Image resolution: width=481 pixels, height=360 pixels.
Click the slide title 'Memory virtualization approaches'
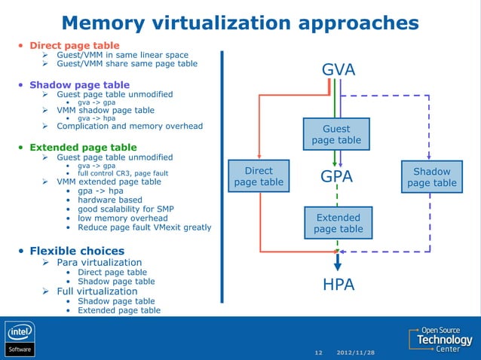click(240, 22)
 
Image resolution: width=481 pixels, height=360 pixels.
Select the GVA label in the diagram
click(338, 70)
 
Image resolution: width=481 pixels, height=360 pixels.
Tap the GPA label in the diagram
click(338, 177)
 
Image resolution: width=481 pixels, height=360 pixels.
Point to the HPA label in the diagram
click(338, 285)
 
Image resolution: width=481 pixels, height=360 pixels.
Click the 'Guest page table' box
click(336, 134)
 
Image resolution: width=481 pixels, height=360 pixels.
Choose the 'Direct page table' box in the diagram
click(259, 176)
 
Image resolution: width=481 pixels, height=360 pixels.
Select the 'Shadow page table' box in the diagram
click(431, 177)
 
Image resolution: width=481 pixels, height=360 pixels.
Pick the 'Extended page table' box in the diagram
click(338, 223)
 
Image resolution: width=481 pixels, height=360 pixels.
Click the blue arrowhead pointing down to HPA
click(338, 263)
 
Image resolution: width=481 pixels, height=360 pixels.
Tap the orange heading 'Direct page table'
click(74, 45)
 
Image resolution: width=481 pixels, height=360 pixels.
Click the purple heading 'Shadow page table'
click(79, 85)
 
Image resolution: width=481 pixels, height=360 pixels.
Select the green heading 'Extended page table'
click(83, 147)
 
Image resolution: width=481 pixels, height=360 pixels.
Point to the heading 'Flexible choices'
click(77, 251)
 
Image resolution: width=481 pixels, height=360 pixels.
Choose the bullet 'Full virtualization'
click(97, 291)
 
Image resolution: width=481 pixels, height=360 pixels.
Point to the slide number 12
click(317, 352)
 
